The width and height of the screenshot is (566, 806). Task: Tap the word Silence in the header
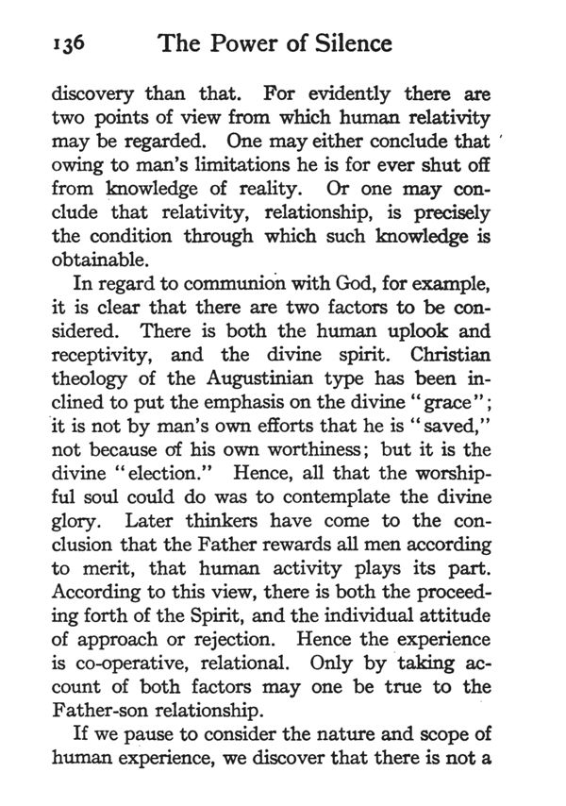tap(341, 43)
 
